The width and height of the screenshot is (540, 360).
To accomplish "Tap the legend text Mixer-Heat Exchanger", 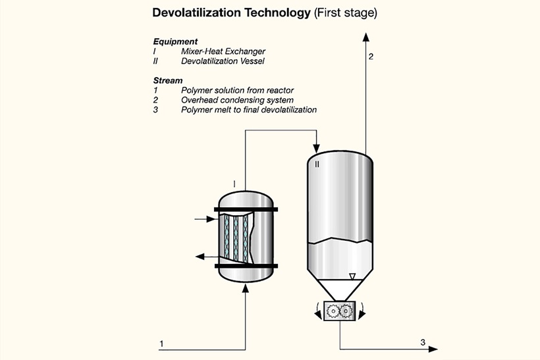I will pyautogui.click(x=225, y=51).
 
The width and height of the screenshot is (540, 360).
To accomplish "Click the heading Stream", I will pyautogui.click(x=168, y=80).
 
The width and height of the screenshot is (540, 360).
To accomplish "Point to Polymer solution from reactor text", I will pyautogui.click(x=237, y=90).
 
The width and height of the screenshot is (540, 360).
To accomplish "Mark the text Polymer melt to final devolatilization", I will pyautogui.click(x=249, y=110).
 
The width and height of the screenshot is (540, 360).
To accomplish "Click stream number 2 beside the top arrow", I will pyautogui.click(x=371, y=57).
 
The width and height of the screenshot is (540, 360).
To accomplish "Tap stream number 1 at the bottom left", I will pyautogui.click(x=161, y=344).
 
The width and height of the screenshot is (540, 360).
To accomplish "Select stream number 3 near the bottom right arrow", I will pyautogui.click(x=423, y=342).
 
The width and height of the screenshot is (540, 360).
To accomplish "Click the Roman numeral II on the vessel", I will pyautogui.click(x=317, y=164).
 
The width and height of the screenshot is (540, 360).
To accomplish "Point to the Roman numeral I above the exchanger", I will pyautogui.click(x=234, y=184).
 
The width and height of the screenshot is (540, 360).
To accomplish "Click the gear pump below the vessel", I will pyautogui.click(x=340, y=311).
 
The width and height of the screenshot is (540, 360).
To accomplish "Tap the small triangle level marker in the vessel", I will pyautogui.click(x=352, y=277).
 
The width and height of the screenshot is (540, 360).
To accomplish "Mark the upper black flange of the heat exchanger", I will pyautogui.click(x=245, y=209).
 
